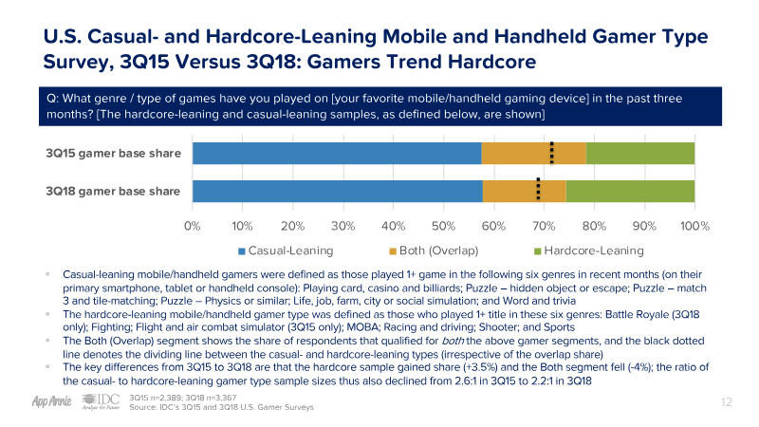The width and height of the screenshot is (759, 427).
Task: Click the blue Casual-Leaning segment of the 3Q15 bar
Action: [x=337, y=153]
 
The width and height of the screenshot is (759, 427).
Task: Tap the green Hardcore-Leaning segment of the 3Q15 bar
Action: [x=640, y=153]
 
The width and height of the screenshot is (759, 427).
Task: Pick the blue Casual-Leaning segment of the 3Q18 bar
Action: [x=337, y=190]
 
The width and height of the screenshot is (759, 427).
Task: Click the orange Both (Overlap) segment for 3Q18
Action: [x=512, y=190]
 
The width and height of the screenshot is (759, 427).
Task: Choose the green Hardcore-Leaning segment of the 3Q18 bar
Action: [x=630, y=190]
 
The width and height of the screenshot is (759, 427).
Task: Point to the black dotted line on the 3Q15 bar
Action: [x=551, y=153]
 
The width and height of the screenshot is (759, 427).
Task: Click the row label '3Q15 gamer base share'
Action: [x=113, y=153]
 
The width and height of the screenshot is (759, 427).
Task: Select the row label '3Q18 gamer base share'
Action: [x=113, y=190]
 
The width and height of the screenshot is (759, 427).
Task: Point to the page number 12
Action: [x=727, y=402]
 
